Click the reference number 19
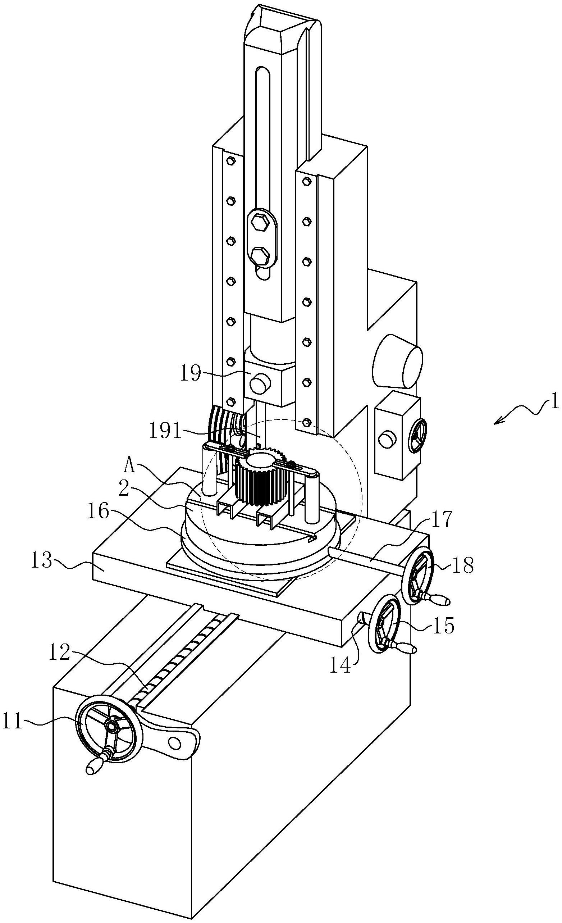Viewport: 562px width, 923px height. pos(191,373)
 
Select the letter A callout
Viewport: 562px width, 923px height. pos(129,467)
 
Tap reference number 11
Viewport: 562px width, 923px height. pos(12,722)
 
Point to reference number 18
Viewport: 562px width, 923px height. pos(463,565)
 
